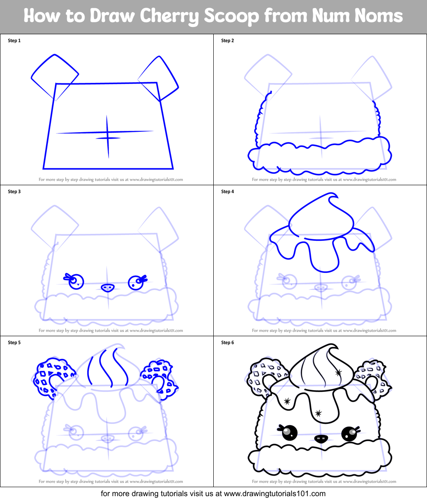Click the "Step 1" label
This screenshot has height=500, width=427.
tap(14, 41)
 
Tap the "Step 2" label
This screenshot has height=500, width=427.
tap(227, 41)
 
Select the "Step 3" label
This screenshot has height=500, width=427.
tap(14, 192)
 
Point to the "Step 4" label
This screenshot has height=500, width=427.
tap(227, 192)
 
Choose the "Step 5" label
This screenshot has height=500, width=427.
tap(14, 343)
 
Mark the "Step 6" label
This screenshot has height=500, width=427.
tap(227, 343)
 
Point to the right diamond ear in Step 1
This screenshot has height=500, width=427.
tap(159, 78)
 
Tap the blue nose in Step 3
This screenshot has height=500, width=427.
tap(108, 287)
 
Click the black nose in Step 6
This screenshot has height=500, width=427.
tap(321, 438)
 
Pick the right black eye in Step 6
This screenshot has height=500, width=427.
tap(349, 434)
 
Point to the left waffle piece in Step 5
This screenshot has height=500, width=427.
tap(51, 376)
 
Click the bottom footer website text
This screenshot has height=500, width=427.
tap(213, 493)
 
